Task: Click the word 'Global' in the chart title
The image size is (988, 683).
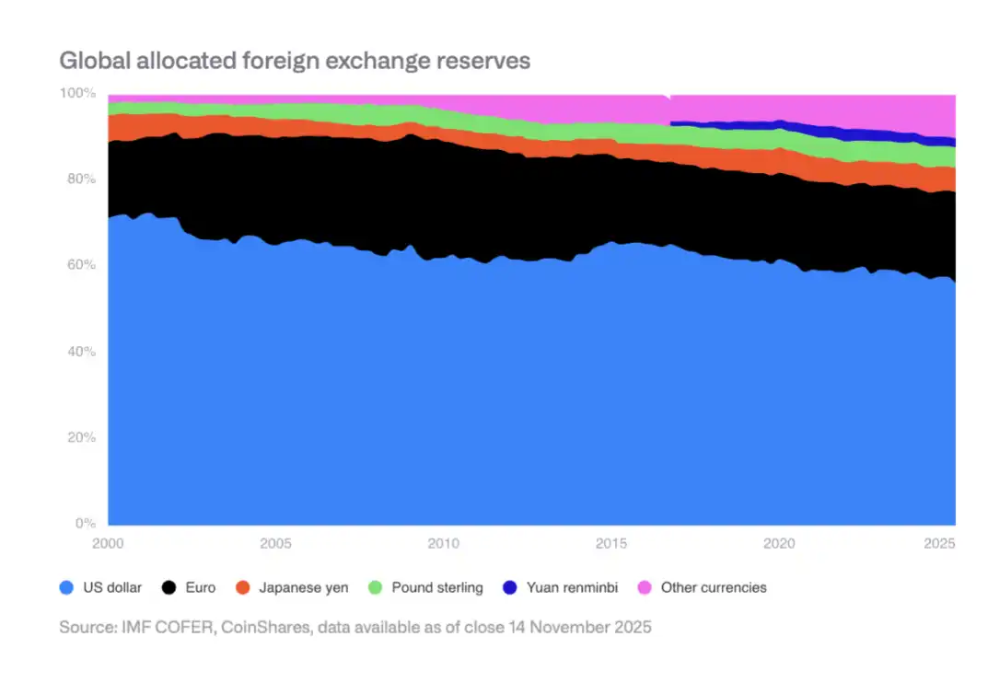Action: tap(91, 61)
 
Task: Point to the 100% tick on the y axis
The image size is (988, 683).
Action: tap(77, 93)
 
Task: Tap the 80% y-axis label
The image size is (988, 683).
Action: tap(79, 179)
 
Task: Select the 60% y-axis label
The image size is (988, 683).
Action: tap(79, 265)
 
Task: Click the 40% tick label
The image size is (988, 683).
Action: tap(79, 352)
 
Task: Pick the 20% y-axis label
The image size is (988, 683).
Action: tap(79, 437)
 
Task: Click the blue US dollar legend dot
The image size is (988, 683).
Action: tap(66, 587)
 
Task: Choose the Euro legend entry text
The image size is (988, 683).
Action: tap(199, 587)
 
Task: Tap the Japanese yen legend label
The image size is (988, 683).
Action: tap(304, 587)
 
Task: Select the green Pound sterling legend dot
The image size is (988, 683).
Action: tap(376, 587)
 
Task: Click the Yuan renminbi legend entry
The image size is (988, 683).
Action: tap(572, 587)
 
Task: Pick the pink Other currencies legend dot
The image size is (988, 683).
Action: tap(645, 587)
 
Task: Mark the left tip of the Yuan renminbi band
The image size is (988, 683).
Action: tap(671, 122)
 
